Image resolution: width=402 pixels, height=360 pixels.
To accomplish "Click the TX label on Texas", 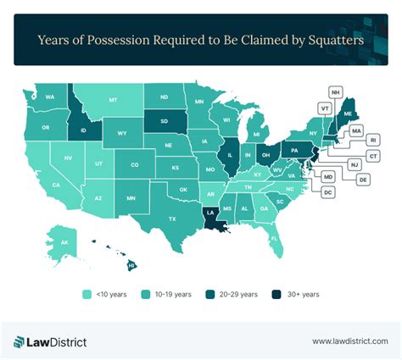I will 172,219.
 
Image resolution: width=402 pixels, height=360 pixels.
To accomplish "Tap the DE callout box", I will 362,180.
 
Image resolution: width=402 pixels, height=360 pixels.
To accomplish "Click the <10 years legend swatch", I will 87,294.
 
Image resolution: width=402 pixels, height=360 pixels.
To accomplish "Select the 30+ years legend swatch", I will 276,294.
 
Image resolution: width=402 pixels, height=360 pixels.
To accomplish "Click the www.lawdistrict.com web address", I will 348,341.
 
